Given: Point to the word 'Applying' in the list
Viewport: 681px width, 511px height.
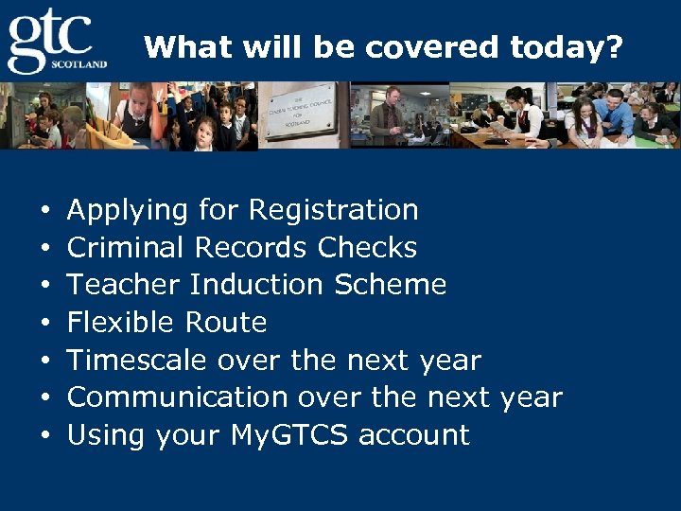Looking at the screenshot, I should pyautogui.click(x=128, y=210).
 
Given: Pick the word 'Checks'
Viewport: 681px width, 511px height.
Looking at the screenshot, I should pyautogui.click(x=367, y=248).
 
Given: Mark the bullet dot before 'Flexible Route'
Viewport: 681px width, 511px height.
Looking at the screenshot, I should pyautogui.click(x=44, y=324).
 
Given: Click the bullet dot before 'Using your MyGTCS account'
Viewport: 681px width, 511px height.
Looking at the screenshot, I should pyautogui.click(x=44, y=436).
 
